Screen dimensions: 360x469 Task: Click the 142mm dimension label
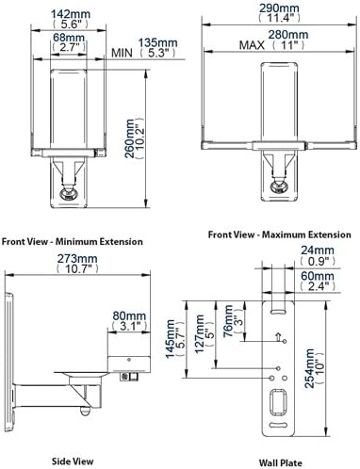71,14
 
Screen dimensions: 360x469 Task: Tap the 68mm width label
69,38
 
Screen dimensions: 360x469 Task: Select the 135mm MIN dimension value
157,42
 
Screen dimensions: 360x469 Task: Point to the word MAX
252,45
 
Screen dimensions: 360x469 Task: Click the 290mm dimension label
279,8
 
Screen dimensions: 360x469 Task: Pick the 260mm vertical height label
130,138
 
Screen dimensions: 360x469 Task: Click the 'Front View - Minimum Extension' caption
73,242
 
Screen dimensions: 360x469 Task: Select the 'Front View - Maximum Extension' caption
279,234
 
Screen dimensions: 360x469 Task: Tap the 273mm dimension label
77,259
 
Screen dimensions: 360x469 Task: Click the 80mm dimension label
129,315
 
